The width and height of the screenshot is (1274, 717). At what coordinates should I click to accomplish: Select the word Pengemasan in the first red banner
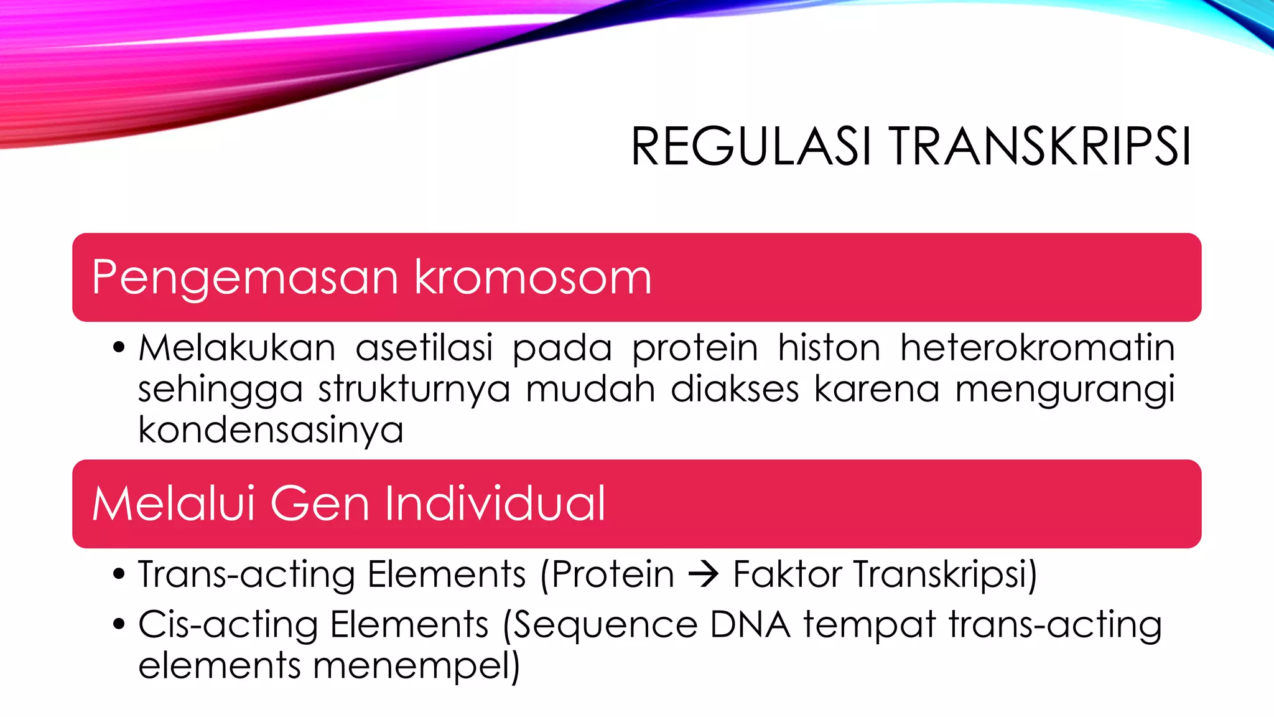[x=244, y=278]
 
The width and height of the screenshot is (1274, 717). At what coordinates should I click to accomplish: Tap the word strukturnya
[x=414, y=389]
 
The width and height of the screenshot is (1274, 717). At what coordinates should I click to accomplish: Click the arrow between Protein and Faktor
[x=704, y=574]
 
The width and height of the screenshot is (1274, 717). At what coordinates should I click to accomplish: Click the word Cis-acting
[x=228, y=625]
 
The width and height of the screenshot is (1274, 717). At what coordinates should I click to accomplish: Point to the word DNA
[x=750, y=624]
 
